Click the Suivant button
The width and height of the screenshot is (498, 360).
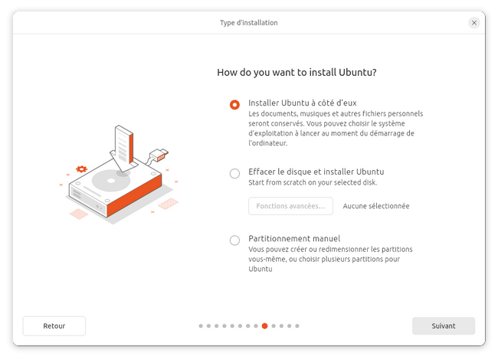click(444, 326)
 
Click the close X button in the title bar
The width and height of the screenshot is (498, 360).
click(473, 22)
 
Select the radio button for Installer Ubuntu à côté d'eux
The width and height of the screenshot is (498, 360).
click(234, 104)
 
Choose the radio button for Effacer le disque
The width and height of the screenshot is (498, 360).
click(234, 173)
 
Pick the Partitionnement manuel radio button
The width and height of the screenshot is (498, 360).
click(234, 241)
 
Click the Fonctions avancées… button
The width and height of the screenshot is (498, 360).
click(290, 206)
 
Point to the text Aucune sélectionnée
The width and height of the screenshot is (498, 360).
click(376, 206)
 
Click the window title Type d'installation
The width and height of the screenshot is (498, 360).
click(249, 22)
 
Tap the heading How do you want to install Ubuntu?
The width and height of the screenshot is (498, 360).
click(297, 72)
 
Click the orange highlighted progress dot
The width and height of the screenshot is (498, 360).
click(264, 326)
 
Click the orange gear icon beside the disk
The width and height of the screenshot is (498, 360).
click(81, 169)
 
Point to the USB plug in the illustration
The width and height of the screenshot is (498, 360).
click(159, 155)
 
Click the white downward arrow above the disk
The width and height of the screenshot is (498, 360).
click(124, 149)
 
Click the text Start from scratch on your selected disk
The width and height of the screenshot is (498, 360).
click(313, 182)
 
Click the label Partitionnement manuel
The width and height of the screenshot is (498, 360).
click(294, 238)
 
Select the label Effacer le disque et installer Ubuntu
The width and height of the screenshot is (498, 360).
click(316, 172)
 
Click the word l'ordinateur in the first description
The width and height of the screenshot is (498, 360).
click(267, 143)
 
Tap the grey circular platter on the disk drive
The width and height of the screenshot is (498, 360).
click(111, 181)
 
